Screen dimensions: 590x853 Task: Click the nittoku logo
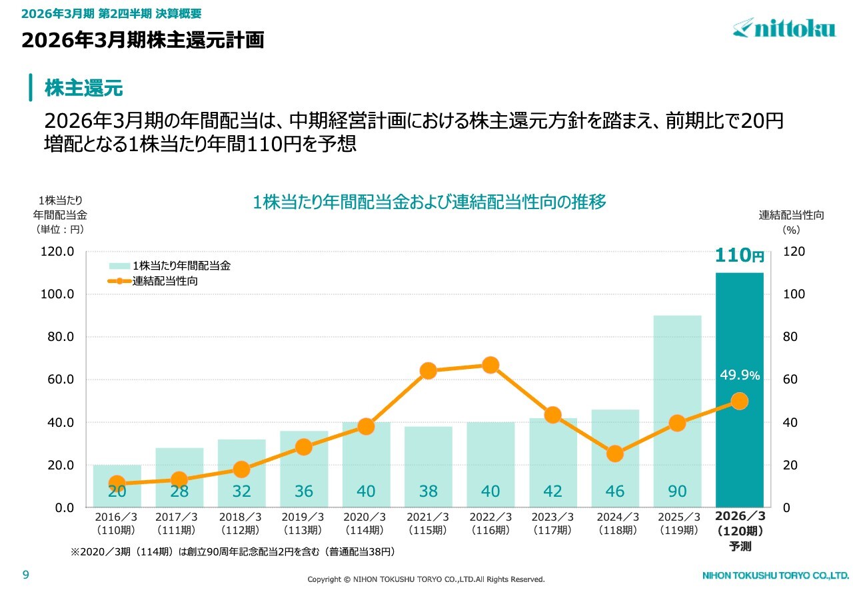click(x=784, y=28)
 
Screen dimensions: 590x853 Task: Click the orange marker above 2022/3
click(x=490, y=365)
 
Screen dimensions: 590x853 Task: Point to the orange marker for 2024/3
click(x=615, y=454)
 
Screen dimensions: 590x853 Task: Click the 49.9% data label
click(x=739, y=376)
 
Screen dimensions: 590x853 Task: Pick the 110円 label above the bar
click(x=739, y=256)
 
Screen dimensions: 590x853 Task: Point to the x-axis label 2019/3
click(x=303, y=517)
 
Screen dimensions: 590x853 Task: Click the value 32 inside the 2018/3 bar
click(x=241, y=491)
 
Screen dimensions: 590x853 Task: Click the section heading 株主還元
click(x=84, y=88)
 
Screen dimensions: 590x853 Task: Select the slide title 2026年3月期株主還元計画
click(x=143, y=41)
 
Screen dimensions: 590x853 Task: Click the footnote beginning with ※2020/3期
click(x=233, y=552)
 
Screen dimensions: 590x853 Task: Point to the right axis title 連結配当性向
click(x=791, y=215)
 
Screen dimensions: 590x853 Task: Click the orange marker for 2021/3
click(x=428, y=371)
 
